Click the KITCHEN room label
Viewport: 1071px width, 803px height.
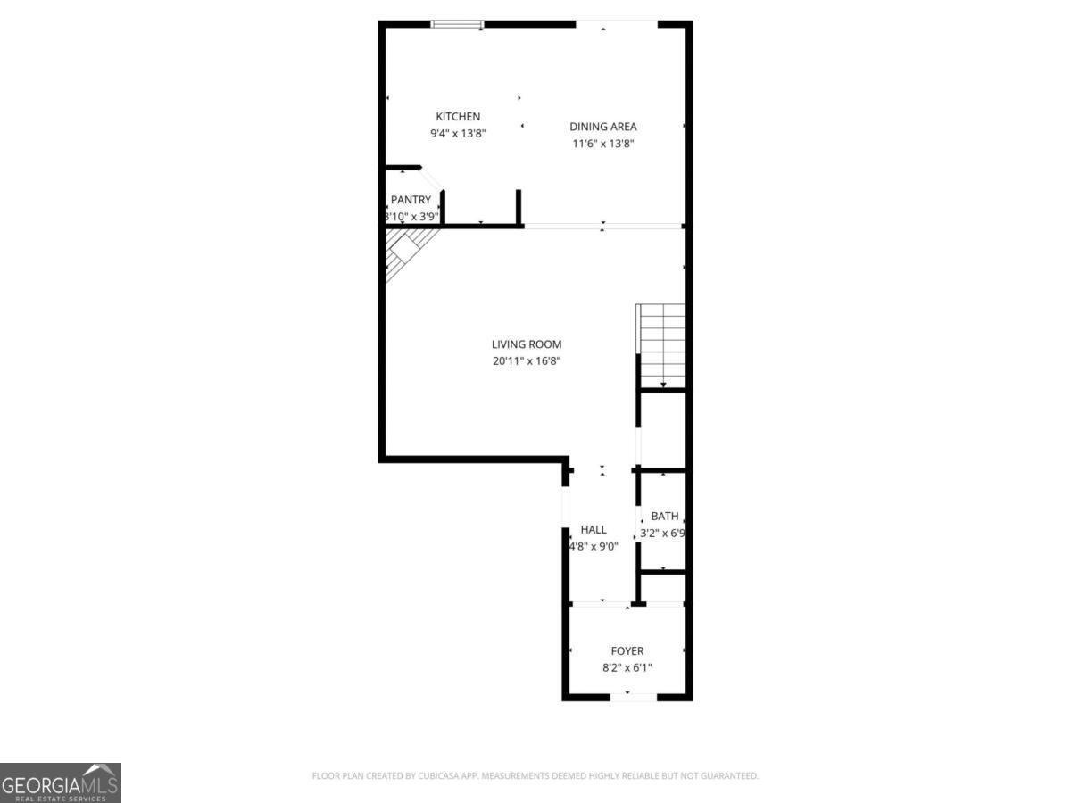[458, 117]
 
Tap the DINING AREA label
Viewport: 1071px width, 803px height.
[603, 127]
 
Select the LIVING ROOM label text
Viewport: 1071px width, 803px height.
[527, 344]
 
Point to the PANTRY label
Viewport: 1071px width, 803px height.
[411, 200]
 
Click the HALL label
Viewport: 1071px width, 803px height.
[594, 530]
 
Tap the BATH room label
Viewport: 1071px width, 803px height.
[664, 517]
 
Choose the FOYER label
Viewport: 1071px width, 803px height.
[627, 651]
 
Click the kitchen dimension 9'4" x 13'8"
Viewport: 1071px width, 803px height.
[458, 134]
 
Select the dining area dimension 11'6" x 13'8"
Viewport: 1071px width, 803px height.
[603, 144]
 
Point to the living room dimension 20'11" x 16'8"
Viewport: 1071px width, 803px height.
[527, 361]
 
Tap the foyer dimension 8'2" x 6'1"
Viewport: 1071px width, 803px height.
[627, 668]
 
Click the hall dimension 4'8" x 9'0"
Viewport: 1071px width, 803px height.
[594, 547]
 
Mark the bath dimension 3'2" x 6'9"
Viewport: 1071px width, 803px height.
[663, 534]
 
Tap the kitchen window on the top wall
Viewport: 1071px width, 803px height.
[457, 24]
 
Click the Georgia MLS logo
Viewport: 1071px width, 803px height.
[60, 782]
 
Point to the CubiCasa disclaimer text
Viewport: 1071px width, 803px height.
[535, 776]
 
